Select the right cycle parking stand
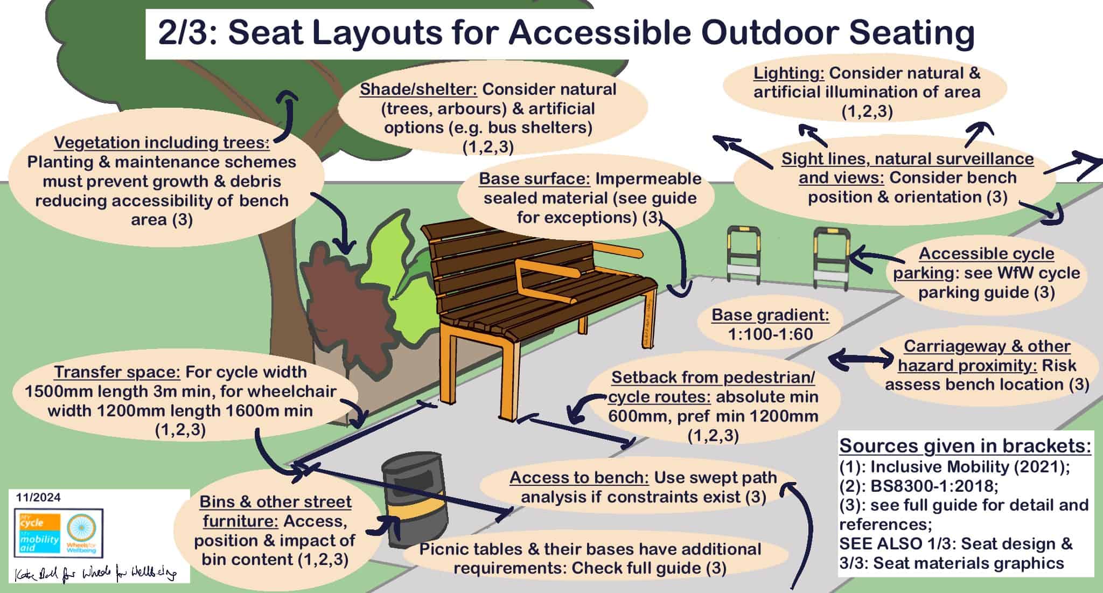click(831, 259)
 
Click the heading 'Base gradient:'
click(770, 315)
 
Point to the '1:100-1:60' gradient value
click(770, 334)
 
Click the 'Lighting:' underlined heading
click(788, 73)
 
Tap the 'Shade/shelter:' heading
click(418, 89)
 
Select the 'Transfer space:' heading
click(117, 372)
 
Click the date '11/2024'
click(38, 497)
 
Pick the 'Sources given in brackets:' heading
click(965, 446)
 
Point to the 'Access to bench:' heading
click(579, 478)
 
